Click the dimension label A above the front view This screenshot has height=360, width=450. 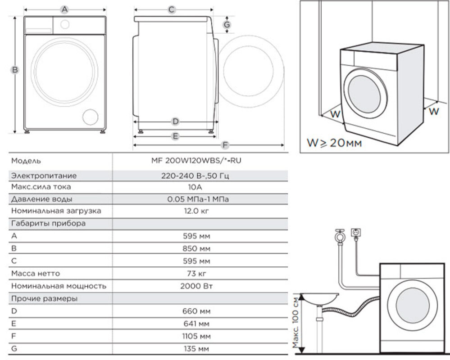point(65,10)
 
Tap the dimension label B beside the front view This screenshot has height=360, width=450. point(14,70)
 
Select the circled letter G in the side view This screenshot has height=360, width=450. point(227,25)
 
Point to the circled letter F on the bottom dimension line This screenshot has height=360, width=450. point(225,145)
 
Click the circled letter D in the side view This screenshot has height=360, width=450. point(175,121)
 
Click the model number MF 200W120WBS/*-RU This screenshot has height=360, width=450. point(196,161)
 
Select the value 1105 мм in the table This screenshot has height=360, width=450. point(196,336)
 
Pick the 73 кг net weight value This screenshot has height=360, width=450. point(196,274)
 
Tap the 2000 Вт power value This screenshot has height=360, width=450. point(196,286)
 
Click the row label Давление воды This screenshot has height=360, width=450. point(41,199)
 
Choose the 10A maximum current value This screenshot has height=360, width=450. point(195,187)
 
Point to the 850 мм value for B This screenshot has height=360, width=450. point(196,248)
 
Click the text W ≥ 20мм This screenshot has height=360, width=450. point(334,143)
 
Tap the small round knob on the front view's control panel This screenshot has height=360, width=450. point(65,24)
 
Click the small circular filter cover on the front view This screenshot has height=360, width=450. point(90,117)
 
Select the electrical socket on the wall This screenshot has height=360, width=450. point(356,233)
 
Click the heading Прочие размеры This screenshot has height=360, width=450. point(44,298)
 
